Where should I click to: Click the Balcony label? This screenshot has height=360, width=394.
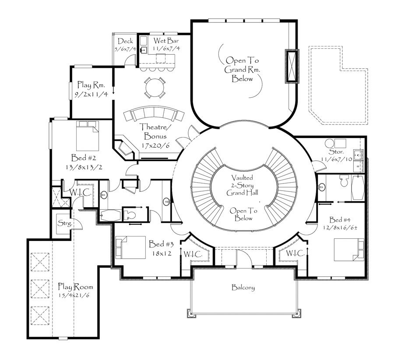click(x=243, y=287)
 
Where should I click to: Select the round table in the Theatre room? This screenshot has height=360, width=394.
click(x=155, y=88)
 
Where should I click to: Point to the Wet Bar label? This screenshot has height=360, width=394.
click(x=166, y=40)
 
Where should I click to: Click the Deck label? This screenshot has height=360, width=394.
click(x=125, y=41)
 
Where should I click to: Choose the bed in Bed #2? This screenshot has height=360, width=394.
click(x=88, y=136)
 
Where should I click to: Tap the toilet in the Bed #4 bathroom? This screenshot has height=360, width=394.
click(x=344, y=181)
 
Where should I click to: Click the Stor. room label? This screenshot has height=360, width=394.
click(x=336, y=152)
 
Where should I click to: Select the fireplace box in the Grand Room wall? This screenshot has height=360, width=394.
click(x=292, y=66)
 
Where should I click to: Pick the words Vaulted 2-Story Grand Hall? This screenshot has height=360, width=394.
click(x=242, y=185)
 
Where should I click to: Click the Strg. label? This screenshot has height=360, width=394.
click(x=65, y=223)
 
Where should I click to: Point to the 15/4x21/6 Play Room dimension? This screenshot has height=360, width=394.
click(x=74, y=295)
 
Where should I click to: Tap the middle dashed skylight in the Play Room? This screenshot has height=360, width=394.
click(x=40, y=289)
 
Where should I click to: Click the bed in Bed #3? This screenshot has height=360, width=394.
click(x=130, y=247)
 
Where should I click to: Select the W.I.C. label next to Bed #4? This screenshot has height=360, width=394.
click(x=295, y=253)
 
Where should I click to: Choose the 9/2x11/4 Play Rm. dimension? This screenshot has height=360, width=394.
click(x=91, y=94)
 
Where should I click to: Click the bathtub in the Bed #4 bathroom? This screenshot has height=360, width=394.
click(x=358, y=187)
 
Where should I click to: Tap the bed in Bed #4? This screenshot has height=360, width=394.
click(x=349, y=250)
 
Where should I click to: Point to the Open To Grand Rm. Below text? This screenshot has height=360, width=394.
click(x=242, y=69)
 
